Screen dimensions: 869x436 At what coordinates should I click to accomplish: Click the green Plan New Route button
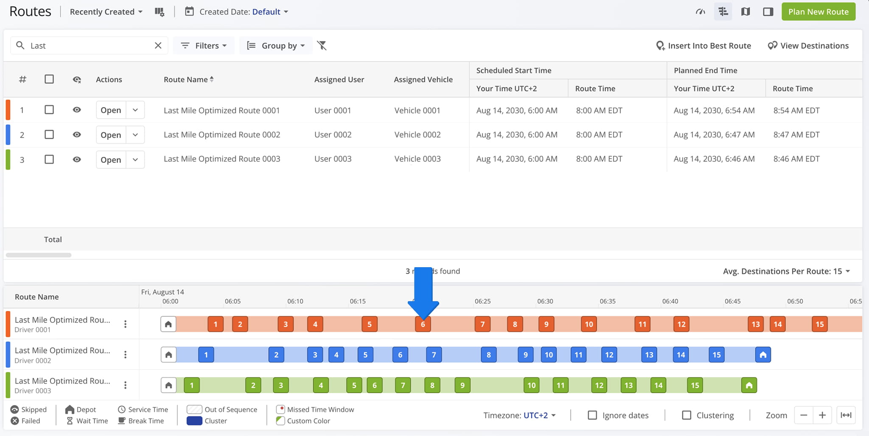818,12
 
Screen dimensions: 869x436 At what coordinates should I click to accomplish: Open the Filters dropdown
204,45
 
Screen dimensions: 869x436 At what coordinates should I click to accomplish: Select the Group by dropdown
276,45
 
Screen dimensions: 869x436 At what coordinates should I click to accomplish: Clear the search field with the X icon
158,45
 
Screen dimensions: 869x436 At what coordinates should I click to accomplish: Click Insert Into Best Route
703,45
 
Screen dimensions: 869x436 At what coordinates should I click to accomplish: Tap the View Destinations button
808,45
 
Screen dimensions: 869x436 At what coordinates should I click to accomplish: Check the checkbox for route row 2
49,134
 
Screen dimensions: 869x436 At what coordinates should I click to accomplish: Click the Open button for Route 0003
111,159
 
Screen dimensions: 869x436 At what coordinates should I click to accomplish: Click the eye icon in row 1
77,110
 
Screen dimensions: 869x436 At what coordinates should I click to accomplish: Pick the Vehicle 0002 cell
418,134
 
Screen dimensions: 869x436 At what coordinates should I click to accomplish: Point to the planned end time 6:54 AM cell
714,110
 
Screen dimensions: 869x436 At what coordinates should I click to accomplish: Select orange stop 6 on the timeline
423,324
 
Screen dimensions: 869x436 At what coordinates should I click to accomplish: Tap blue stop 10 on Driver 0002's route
549,355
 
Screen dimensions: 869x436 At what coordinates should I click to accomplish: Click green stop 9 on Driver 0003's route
463,385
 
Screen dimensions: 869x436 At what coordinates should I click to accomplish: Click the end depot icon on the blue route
763,355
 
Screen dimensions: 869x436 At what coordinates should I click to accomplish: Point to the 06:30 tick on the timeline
545,301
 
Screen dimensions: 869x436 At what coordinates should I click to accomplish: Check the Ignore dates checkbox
592,415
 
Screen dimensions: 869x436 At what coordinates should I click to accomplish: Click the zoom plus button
822,415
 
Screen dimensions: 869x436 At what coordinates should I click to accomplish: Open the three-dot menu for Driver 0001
125,324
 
